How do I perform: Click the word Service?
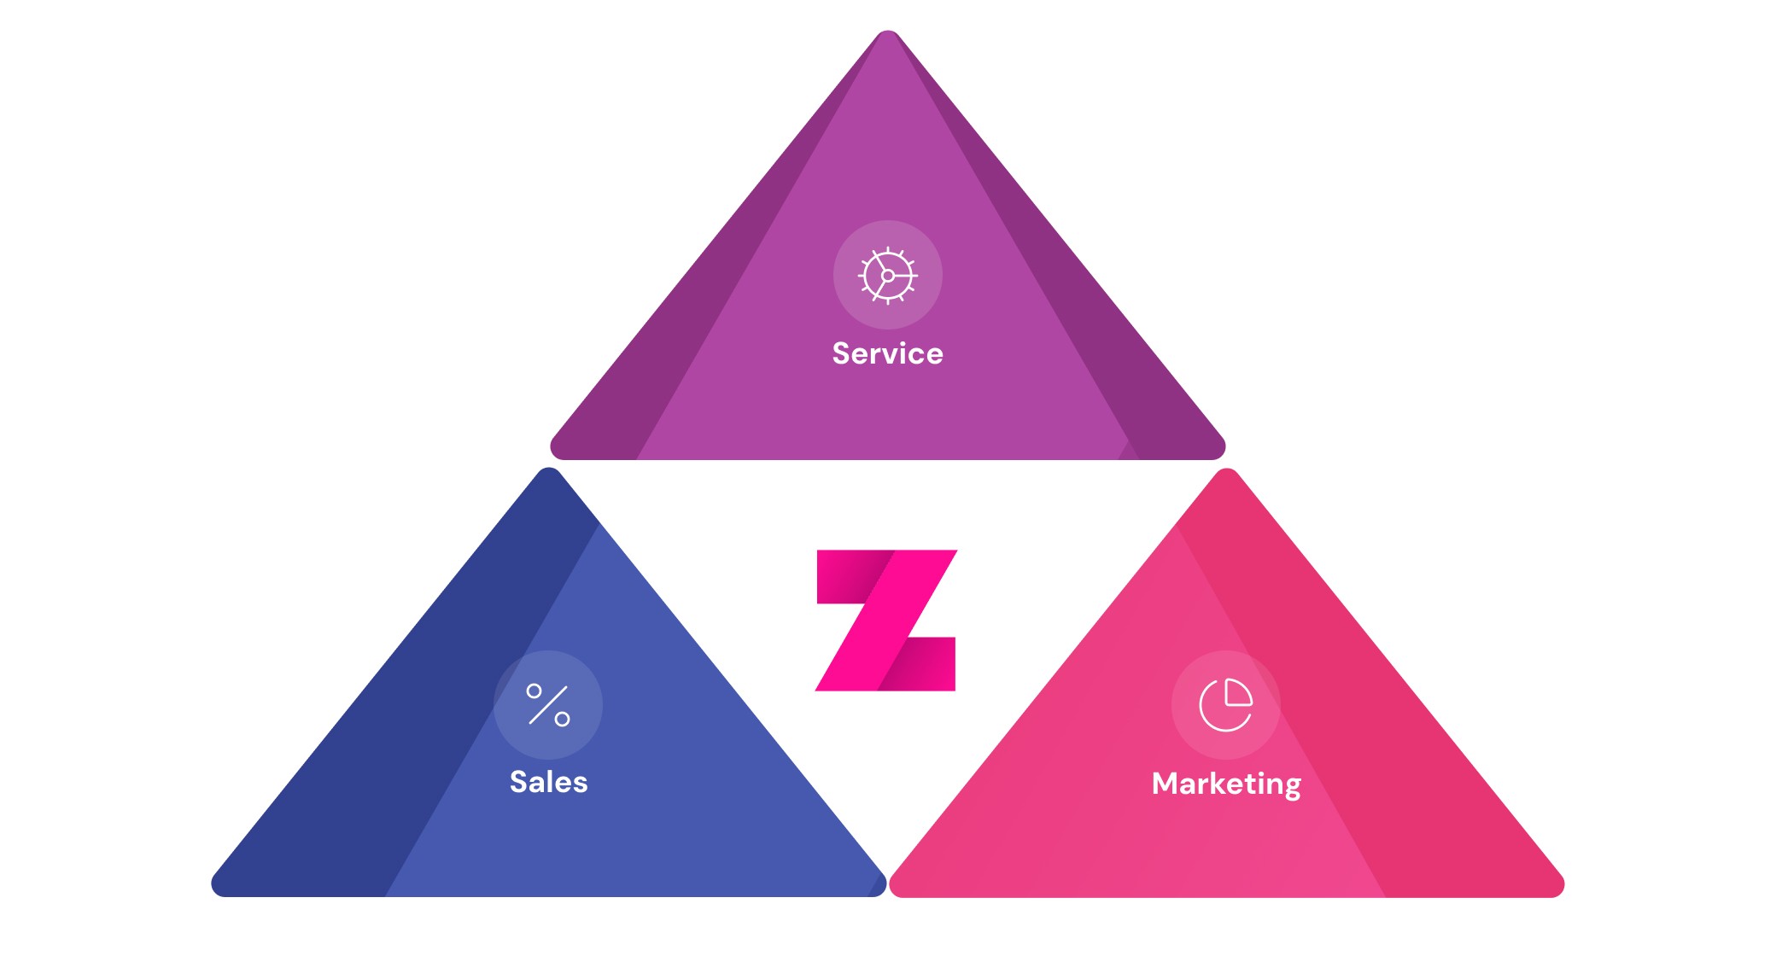pos(887,353)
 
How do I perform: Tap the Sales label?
pos(548,782)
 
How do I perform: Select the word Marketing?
pos(1225,784)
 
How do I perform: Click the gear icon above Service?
pos(888,275)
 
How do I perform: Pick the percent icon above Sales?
pos(548,705)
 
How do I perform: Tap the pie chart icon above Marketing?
pos(1225,705)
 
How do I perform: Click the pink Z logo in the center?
pos(886,621)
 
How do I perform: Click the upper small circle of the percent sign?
pos(535,691)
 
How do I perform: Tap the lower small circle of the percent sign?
pos(562,720)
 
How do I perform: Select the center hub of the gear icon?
pos(888,276)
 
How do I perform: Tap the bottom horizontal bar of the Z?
pos(918,664)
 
